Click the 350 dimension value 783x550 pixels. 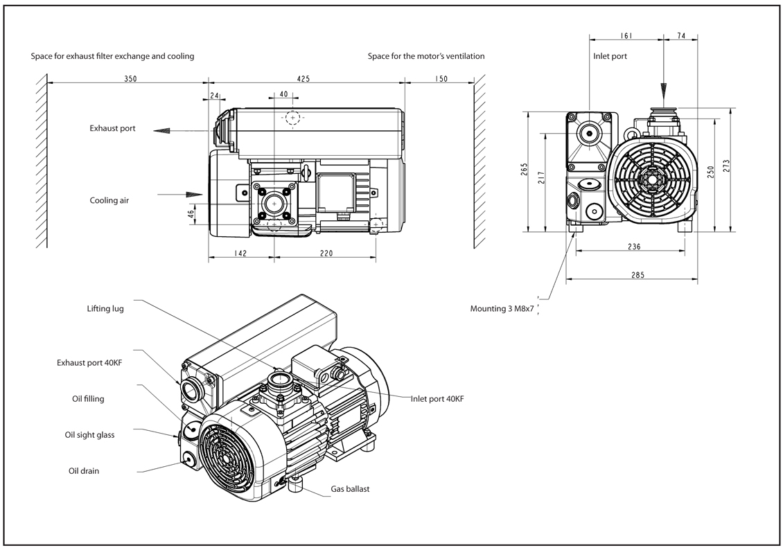pos(130,79)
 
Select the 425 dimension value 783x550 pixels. pos(303,79)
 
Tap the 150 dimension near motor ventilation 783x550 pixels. pos(441,79)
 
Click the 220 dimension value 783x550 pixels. pos(326,254)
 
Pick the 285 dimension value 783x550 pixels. pos(637,275)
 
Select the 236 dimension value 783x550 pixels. pos(634,246)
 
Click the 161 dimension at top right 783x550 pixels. pos(626,36)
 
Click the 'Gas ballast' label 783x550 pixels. pos(350,489)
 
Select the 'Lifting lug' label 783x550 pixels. pos(105,308)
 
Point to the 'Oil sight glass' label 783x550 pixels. pos(89,435)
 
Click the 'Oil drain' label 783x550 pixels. pos(84,471)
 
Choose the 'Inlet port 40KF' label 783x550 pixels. pos(437,399)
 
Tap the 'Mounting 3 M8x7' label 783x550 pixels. pos(502,308)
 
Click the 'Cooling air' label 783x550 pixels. pos(109,200)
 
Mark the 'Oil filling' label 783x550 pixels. pos(88,399)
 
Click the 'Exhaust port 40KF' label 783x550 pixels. pos(89,362)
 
